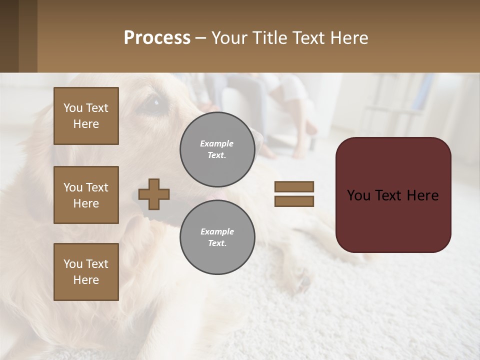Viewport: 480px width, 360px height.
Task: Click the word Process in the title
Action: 157,38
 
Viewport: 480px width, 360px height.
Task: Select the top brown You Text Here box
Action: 86,116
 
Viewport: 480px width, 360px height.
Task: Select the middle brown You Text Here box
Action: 86,195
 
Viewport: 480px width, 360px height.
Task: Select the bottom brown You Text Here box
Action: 86,271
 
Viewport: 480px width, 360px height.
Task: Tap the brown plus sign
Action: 154,194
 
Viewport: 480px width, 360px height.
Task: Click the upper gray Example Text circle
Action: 217,149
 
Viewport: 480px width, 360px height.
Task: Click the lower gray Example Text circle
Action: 217,237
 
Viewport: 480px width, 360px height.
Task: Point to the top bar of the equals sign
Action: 294,187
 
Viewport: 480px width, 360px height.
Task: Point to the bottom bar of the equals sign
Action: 294,201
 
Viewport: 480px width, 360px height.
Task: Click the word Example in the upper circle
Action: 216,143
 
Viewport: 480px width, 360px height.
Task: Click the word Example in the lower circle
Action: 217,231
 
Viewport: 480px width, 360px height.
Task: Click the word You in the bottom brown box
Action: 72,263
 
